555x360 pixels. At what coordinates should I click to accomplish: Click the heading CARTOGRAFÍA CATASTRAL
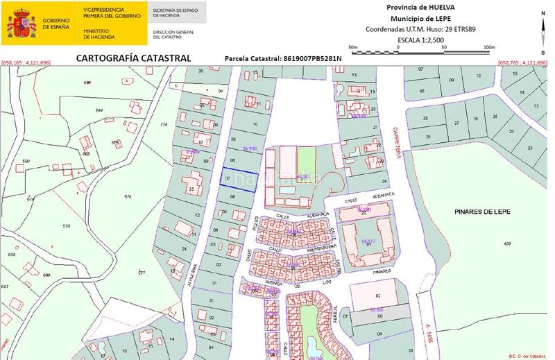point(133,58)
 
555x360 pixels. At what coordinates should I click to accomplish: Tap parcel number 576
point(128,197)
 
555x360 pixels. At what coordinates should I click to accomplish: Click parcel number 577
point(142,273)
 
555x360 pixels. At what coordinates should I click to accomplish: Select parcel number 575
point(66,226)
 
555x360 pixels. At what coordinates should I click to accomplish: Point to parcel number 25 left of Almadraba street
point(191,189)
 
